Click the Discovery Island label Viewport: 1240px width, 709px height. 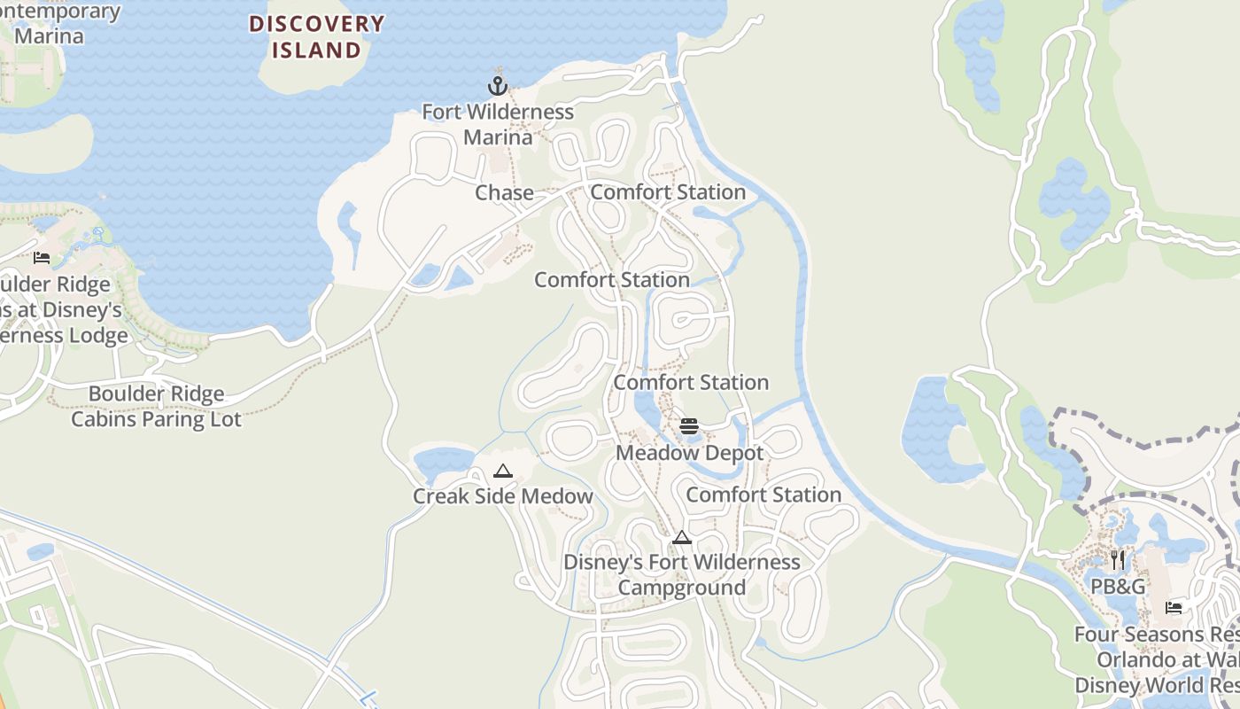tap(316, 36)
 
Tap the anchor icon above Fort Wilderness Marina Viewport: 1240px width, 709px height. tap(498, 86)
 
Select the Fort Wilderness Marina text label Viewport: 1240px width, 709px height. tap(498, 125)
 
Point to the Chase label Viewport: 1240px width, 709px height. tap(504, 192)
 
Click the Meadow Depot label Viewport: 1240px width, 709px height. tap(689, 453)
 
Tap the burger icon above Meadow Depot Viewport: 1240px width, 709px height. tap(689, 426)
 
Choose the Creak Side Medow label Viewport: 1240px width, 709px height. tap(502, 496)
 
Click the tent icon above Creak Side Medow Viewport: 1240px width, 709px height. tap(503, 471)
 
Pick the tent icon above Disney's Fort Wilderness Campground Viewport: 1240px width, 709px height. tap(681, 537)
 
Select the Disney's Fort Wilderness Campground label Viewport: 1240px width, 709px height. tap(681, 574)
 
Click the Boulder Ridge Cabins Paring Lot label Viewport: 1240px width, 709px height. tap(156, 406)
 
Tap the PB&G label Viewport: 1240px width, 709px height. tap(1117, 587)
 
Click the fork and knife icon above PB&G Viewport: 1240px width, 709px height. tap(1117, 559)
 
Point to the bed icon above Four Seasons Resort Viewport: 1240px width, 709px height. tap(1174, 608)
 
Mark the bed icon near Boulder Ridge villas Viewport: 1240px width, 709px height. tap(42, 258)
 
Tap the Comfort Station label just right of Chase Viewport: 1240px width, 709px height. tap(668, 192)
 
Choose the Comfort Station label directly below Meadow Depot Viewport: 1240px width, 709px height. tap(763, 495)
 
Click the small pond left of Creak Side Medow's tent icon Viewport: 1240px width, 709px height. tap(443, 461)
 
